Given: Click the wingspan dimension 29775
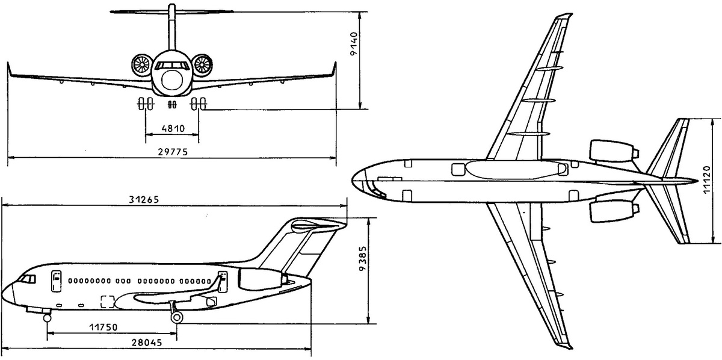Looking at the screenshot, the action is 173,152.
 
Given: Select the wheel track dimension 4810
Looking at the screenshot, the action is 173,129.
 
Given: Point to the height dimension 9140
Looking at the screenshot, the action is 354,43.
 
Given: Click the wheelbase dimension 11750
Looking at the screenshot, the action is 103,327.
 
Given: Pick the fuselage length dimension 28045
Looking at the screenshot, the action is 147,343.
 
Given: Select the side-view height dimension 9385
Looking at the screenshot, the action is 363,258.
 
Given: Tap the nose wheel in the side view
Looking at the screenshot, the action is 48,318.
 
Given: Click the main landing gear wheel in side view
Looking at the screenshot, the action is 177,317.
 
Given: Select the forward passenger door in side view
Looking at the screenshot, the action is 56,281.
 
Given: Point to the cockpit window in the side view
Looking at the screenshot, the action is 27,279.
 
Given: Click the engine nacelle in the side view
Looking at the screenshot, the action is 262,279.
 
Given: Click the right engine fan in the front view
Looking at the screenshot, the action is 202,65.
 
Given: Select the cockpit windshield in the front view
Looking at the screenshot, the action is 172,66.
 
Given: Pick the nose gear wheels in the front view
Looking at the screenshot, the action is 173,105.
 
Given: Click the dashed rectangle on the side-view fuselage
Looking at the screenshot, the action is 108,302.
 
